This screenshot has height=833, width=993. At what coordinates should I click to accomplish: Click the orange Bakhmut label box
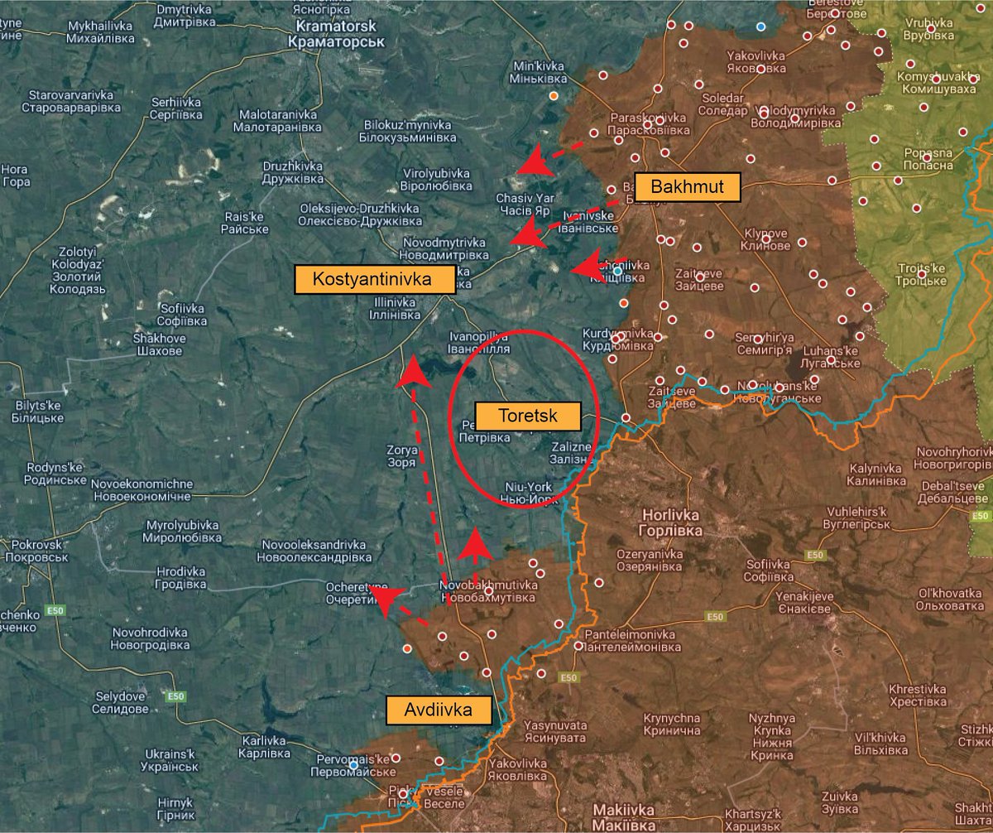click(x=687, y=187)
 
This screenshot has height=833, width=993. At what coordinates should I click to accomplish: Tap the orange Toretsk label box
click(x=527, y=416)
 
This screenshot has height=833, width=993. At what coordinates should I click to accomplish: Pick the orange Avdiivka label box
click(x=439, y=710)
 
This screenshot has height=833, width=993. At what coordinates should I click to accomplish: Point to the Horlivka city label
click(x=671, y=522)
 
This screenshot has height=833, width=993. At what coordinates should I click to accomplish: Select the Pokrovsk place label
click(x=31, y=551)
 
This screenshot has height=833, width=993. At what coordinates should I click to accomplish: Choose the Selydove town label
click(x=120, y=702)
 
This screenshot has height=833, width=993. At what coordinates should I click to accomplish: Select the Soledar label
click(x=722, y=104)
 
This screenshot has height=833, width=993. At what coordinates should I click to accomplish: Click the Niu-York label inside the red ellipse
click(x=526, y=493)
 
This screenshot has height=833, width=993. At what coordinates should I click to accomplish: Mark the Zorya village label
click(x=401, y=456)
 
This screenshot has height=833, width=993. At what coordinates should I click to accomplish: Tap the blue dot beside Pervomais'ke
click(x=354, y=763)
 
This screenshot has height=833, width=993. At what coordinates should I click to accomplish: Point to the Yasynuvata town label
click(x=554, y=730)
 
